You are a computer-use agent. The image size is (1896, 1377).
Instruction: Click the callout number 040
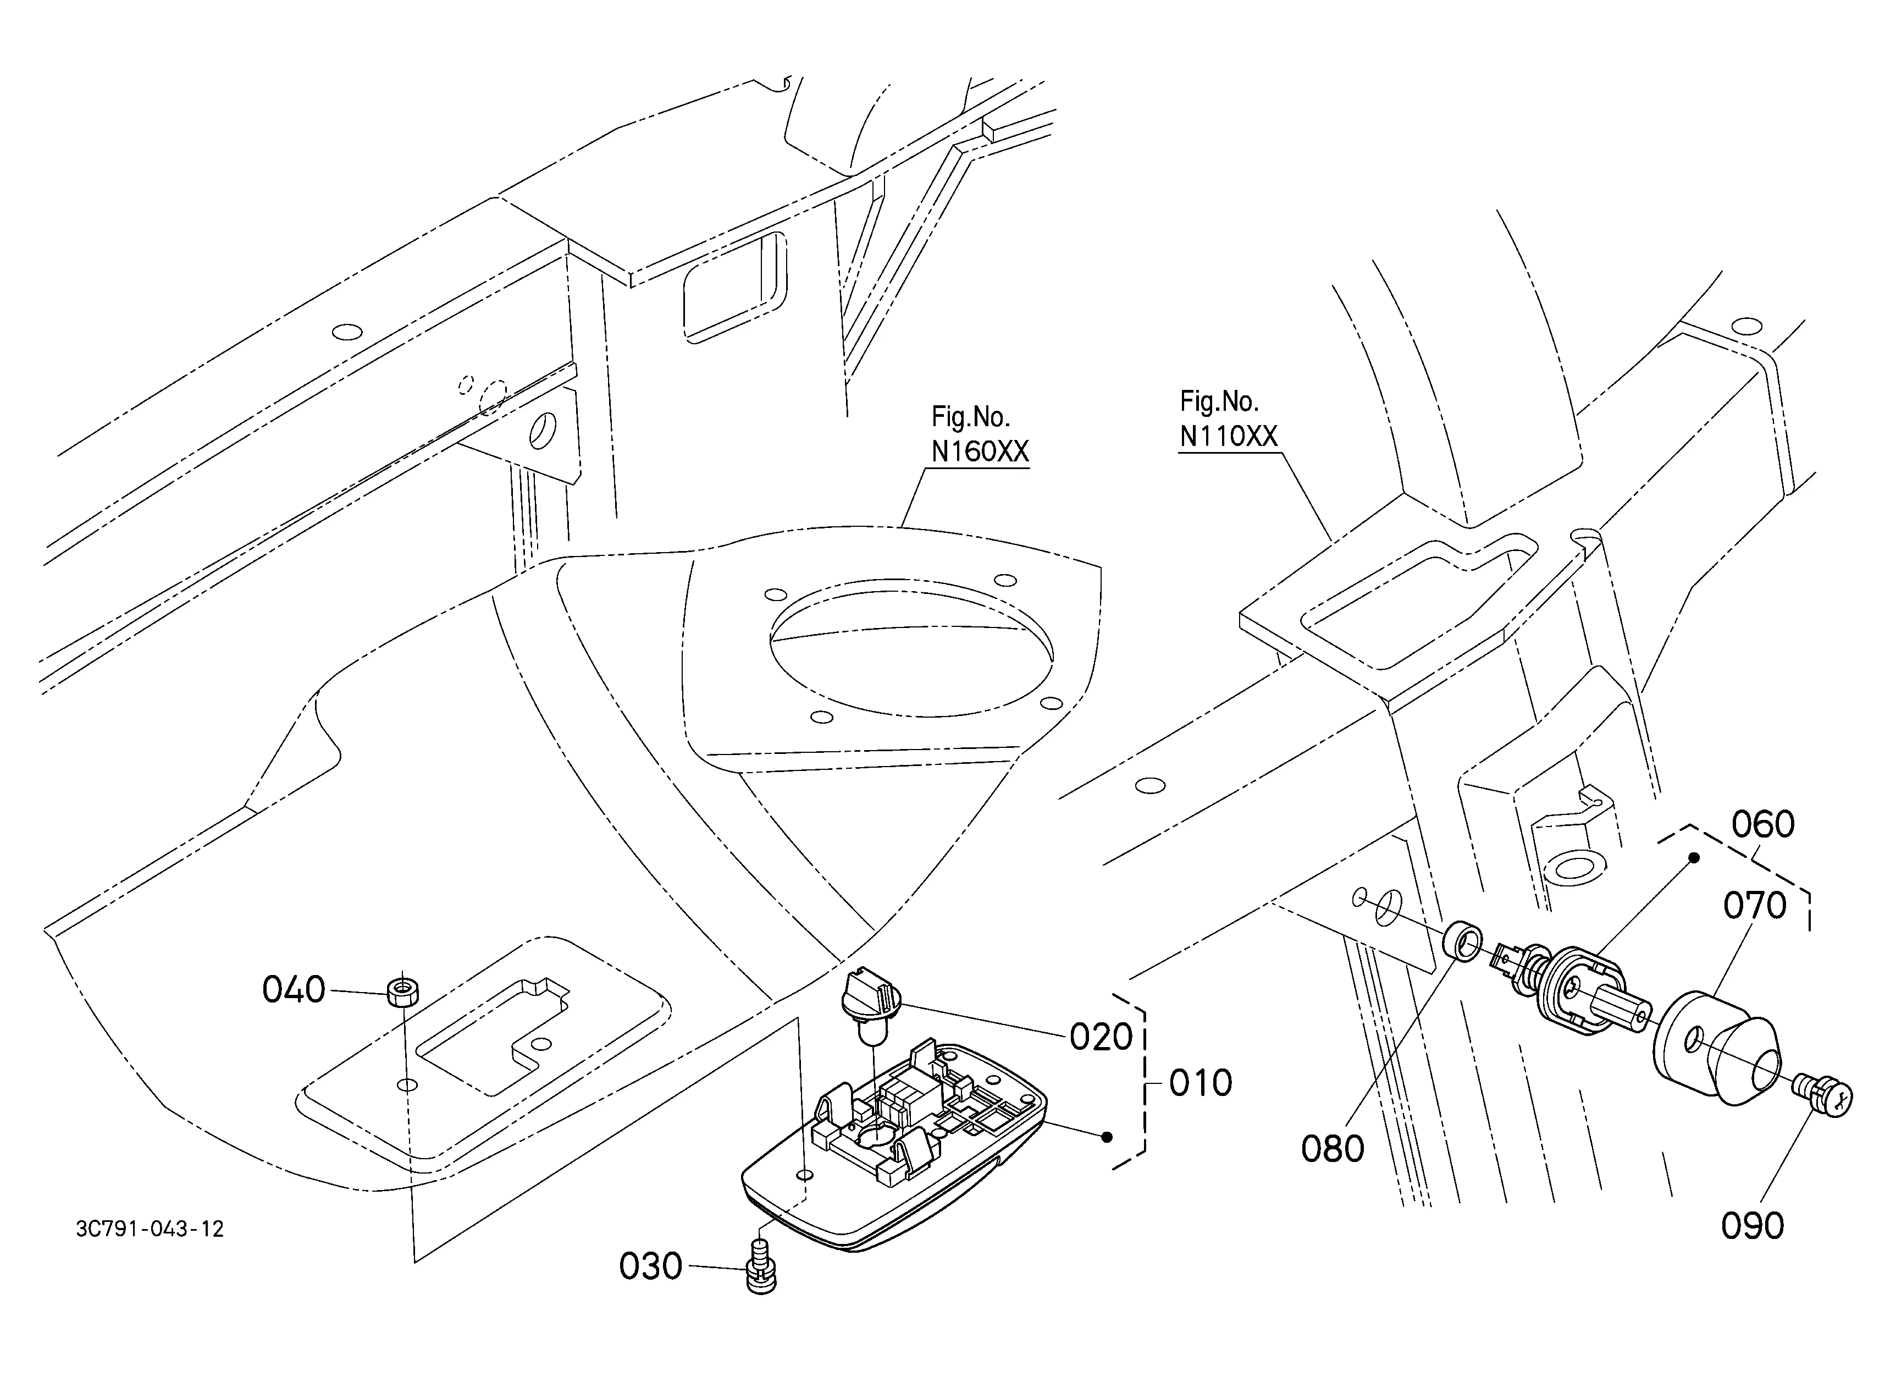click(294, 990)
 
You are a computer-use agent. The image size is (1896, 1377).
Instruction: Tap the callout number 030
click(650, 1266)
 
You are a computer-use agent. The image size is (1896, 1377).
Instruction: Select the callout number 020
click(1101, 1038)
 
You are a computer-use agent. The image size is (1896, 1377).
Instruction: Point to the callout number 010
click(1201, 1083)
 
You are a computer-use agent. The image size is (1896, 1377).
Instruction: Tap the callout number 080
click(1333, 1149)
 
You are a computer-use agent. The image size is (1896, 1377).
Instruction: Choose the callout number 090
click(1752, 1226)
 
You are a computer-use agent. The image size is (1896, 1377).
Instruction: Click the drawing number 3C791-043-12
click(150, 1229)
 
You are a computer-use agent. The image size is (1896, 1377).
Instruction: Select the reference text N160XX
click(980, 451)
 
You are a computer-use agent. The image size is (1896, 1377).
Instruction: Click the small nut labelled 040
click(404, 993)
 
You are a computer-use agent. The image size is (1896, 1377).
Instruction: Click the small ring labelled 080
click(1463, 942)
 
